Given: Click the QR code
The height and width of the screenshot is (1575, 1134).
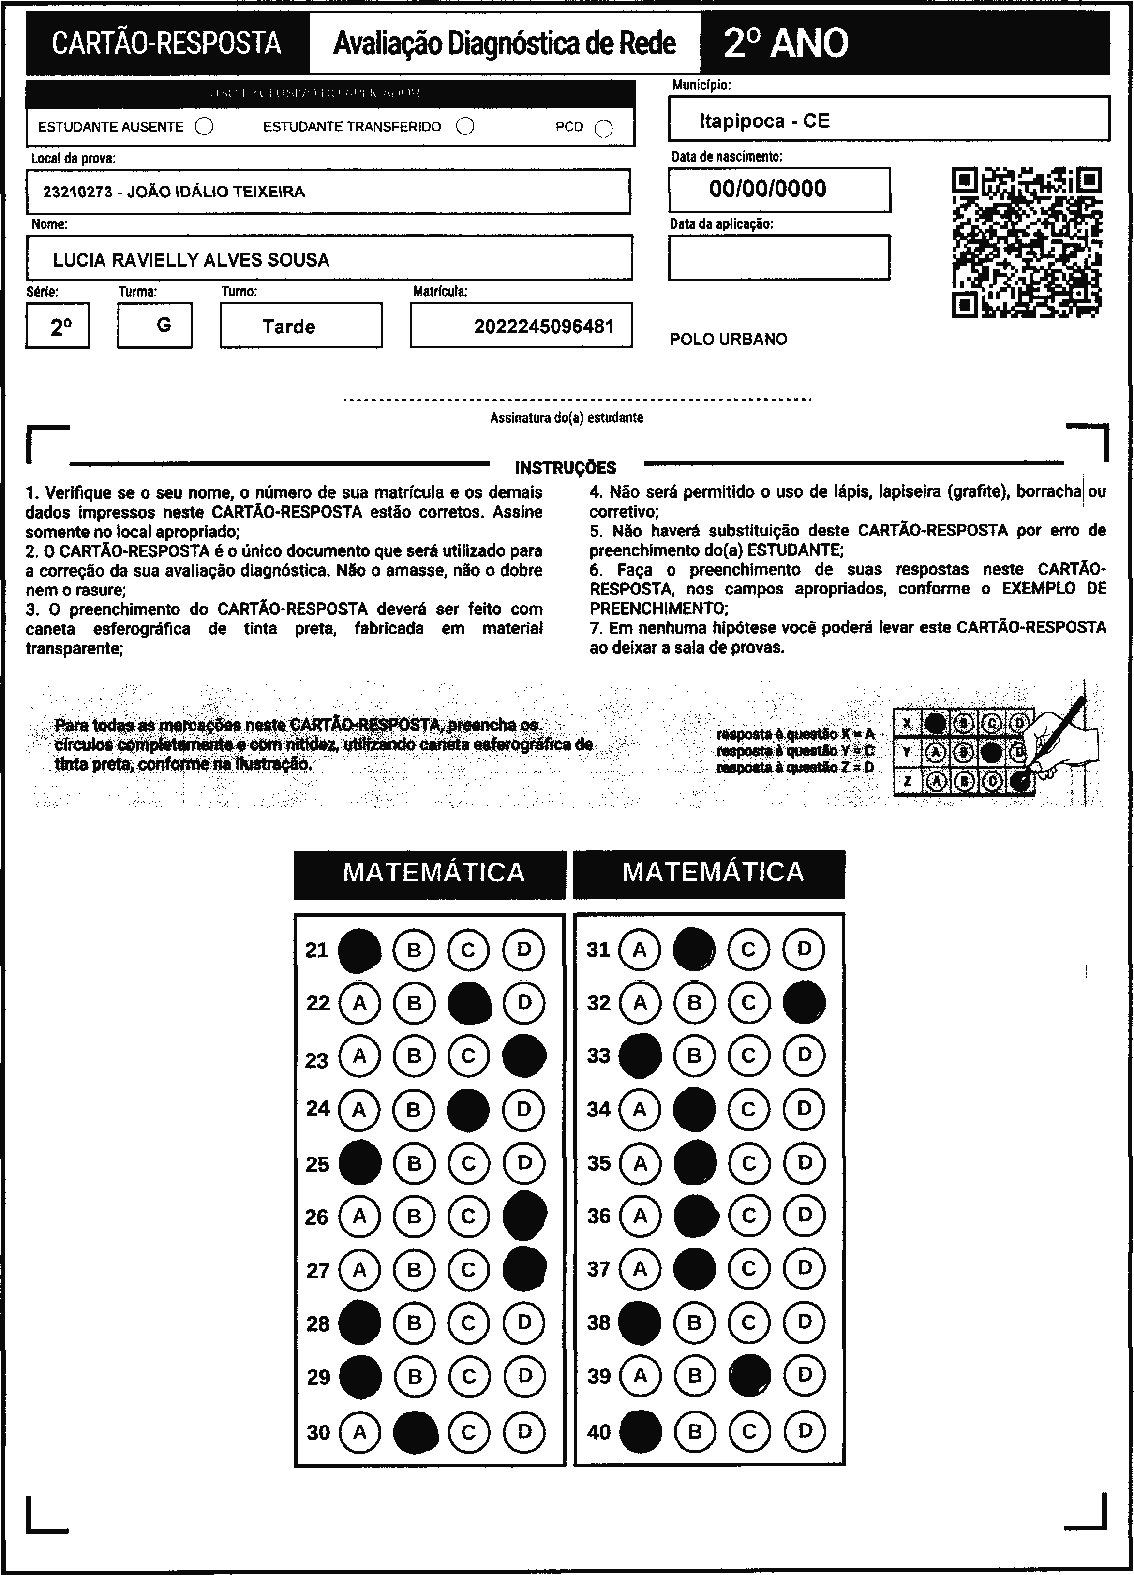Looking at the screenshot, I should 1027,242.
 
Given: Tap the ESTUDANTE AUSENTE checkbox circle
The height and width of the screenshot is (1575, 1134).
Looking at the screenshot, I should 204,126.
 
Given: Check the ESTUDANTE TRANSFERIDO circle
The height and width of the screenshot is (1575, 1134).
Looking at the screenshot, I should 465,126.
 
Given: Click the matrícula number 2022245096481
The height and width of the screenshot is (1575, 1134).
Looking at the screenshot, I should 544,327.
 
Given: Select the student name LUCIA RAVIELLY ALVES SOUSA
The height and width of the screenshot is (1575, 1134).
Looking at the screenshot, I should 191,260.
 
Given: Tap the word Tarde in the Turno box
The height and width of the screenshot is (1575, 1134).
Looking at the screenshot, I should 288,327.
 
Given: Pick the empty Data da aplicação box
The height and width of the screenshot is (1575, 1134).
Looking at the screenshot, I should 778,258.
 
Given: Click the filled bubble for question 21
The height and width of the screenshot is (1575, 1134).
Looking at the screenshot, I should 359,950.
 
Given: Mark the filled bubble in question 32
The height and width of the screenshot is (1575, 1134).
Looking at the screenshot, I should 804,1002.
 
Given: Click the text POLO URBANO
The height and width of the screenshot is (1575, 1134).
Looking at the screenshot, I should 729,340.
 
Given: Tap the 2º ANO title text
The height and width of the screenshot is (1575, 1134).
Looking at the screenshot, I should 785,43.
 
